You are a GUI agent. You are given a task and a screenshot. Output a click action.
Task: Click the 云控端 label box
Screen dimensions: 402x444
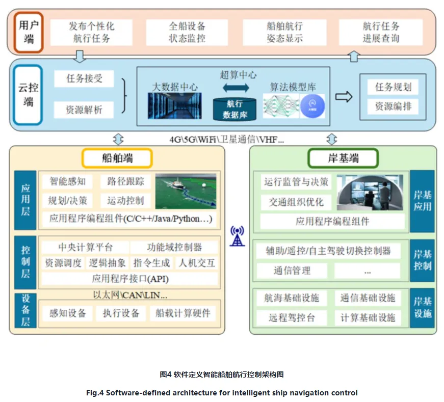pos(28,95)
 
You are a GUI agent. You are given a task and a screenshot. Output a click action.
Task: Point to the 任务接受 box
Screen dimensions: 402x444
pos(84,78)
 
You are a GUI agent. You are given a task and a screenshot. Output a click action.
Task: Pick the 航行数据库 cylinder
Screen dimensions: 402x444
pos(235,109)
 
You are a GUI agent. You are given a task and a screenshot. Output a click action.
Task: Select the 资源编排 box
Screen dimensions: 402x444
pos(393,106)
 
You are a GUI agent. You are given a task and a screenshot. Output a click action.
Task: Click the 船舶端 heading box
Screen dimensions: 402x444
pos(117,158)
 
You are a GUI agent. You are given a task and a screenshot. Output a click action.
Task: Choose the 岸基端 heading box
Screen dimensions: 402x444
pos(343,158)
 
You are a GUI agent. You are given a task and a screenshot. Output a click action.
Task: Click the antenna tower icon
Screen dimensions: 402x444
pos(237,236)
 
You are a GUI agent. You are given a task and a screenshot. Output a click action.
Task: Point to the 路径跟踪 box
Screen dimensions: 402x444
pos(126,181)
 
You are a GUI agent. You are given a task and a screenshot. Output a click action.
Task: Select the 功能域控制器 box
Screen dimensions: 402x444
pos(174,247)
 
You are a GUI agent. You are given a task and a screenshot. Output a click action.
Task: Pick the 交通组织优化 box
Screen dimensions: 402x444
pos(296,202)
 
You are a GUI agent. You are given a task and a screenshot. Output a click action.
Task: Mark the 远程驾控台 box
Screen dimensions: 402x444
pos(292,317)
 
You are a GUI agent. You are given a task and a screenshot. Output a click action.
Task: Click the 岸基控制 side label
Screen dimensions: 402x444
pos(422,260)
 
